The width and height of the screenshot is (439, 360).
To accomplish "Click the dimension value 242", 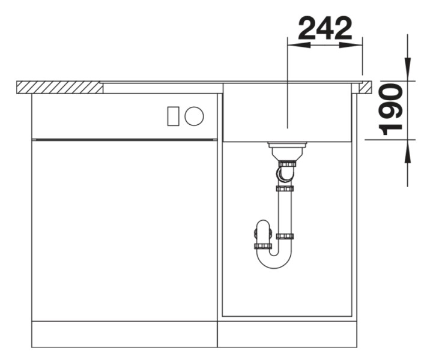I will click(x=325, y=28).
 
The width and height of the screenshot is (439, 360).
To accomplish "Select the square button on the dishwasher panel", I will click(x=174, y=116).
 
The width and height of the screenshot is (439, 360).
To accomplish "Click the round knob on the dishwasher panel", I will click(x=194, y=116).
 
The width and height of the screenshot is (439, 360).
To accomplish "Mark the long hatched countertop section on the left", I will click(x=59, y=88).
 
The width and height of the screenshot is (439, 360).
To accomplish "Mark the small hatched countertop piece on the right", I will click(x=365, y=88).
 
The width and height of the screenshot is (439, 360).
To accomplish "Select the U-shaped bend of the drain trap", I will click(x=274, y=259).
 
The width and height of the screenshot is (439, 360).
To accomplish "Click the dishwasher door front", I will click(x=124, y=231).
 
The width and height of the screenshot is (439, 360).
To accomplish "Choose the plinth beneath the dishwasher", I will click(x=124, y=334).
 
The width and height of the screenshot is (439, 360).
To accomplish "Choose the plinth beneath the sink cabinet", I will click(x=287, y=334).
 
